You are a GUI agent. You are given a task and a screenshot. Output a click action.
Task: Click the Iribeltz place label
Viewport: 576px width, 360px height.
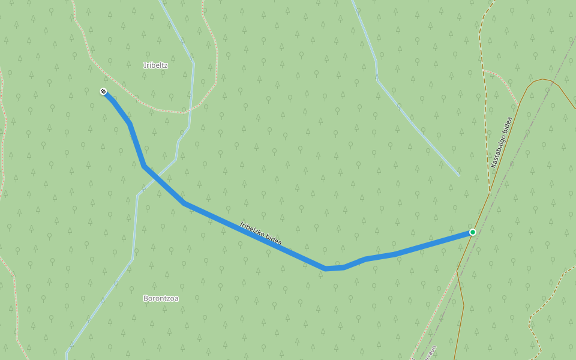point(155,65)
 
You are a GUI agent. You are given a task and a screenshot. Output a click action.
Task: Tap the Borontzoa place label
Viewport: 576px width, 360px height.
point(161,298)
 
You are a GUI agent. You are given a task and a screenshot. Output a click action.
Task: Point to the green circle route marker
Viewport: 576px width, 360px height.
point(473,232)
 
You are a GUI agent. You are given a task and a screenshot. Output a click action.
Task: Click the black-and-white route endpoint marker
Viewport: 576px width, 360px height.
point(103,91)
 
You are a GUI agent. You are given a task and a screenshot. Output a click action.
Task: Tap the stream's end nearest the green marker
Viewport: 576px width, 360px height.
point(459,176)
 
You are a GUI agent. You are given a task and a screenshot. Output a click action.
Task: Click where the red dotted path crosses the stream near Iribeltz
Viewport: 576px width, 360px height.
point(190,111)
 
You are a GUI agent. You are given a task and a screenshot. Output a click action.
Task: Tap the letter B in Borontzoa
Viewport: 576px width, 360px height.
point(146,298)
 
